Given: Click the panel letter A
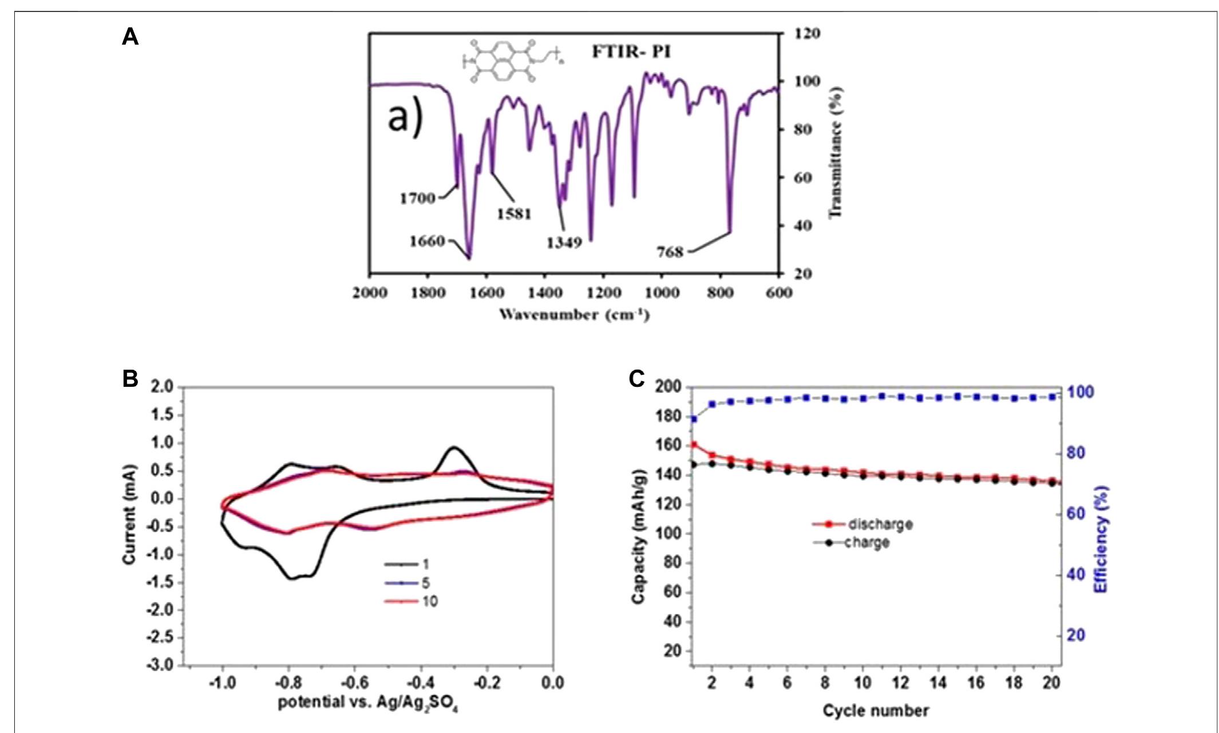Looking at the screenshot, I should coord(130,38).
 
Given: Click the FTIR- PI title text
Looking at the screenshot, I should coord(631,52).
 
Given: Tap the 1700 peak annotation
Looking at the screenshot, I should coord(417,199).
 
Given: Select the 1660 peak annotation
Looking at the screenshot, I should coord(427,241).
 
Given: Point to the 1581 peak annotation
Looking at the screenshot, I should coord(514,214).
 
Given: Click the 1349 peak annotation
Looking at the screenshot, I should coord(564,243).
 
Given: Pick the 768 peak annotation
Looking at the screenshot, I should coord(670,252).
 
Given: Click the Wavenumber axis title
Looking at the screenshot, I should coord(574,314).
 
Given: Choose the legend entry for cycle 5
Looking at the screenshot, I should coord(407,583).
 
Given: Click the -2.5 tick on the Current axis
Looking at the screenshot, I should coord(161,637).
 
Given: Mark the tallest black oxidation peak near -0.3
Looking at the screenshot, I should coord(454,447).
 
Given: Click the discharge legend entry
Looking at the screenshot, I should coord(862,524).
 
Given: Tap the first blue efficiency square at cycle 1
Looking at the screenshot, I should coord(694,419).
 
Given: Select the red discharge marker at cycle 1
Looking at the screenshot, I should coord(694,445).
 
